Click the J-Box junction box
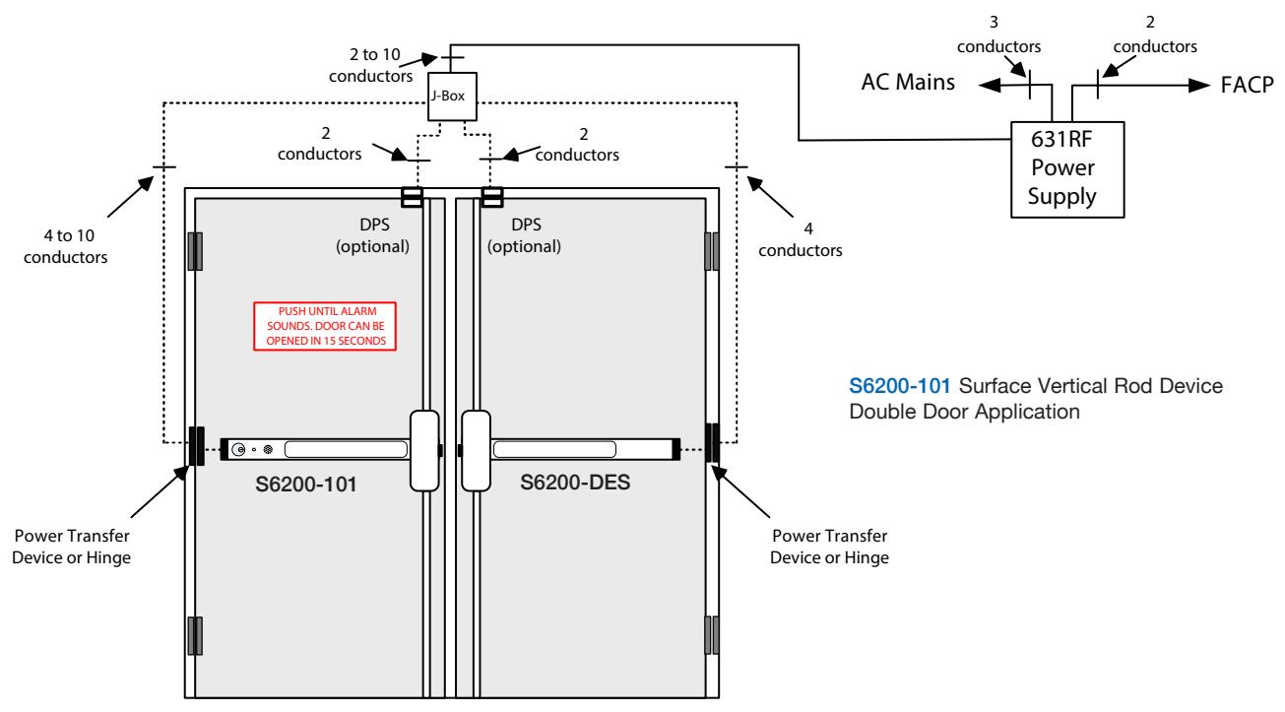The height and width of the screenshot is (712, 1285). click(452, 97)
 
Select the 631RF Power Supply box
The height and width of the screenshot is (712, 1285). click(1067, 169)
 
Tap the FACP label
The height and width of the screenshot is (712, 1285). click(1248, 85)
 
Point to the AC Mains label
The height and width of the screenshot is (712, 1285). click(908, 82)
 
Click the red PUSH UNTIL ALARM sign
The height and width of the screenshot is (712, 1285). click(325, 326)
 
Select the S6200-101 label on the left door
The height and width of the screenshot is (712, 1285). click(306, 485)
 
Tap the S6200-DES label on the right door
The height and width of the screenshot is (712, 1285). click(575, 482)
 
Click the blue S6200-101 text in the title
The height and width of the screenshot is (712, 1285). click(900, 386)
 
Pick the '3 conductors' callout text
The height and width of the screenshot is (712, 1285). click(998, 34)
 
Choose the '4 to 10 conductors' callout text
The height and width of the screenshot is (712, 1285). click(66, 246)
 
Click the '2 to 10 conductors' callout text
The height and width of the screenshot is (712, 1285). click(371, 65)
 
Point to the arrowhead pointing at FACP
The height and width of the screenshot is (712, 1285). click(1199, 86)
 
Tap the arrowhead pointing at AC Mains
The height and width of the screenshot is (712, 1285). click(990, 86)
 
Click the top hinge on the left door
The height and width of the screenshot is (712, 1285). click(195, 251)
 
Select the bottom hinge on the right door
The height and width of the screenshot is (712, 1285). click(712, 635)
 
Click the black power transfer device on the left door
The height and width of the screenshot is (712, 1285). click(196, 446)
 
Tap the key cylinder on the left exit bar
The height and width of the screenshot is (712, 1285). click(238, 449)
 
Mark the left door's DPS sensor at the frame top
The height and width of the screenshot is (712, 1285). click(412, 197)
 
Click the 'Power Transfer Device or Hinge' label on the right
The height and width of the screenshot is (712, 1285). click(829, 547)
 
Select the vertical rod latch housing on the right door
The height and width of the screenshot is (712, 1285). click(477, 450)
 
